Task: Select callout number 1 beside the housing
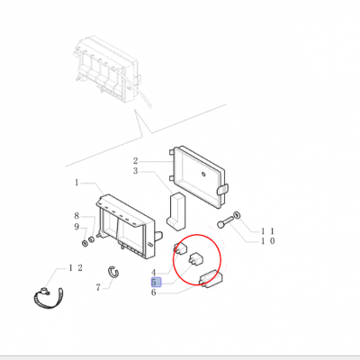tap(76, 183)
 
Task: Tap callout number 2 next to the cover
tap(136, 161)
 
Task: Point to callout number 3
tap(136, 171)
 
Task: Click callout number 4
tap(154, 273)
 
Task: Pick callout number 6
tap(154, 292)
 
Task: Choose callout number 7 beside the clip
tap(98, 288)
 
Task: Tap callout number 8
tap(76, 216)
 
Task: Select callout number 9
tap(76, 227)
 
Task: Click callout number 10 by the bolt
tap(267, 241)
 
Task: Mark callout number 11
tap(267, 231)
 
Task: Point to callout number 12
tap(76, 268)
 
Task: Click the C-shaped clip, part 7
tap(113, 272)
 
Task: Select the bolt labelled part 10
tap(226, 223)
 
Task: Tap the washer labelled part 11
tap(238, 215)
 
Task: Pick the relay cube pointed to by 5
tap(194, 257)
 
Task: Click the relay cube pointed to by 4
tap(180, 248)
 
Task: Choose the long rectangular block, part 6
tap(211, 279)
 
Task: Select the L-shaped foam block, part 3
tap(176, 211)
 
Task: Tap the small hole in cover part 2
tap(203, 175)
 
